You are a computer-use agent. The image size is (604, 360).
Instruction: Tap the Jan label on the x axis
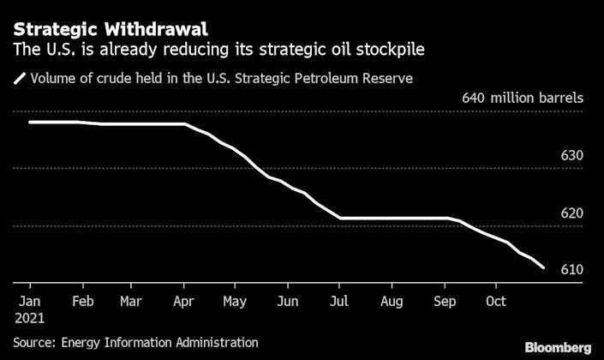tap(29, 302)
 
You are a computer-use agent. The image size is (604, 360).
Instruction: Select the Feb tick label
tap(82, 302)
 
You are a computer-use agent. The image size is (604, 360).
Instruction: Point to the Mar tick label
tap(130, 302)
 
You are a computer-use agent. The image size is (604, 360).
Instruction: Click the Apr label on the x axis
tap(183, 302)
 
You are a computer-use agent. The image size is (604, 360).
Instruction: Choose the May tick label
tap(236, 302)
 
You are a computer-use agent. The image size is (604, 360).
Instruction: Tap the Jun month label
tap(288, 302)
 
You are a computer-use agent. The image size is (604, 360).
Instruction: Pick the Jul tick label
tap(340, 302)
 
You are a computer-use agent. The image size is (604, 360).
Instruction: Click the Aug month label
tap(392, 302)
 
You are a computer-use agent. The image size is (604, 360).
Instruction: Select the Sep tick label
tap(445, 302)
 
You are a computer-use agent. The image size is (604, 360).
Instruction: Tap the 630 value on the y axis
tap(571, 156)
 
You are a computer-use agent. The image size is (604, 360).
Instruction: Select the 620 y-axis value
tap(571, 213)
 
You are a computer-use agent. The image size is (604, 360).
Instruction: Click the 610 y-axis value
tap(571, 270)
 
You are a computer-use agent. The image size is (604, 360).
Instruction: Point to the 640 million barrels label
tap(523, 98)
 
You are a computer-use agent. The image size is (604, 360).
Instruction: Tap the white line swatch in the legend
tap(19, 80)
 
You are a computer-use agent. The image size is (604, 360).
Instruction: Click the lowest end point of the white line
tap(543, 267)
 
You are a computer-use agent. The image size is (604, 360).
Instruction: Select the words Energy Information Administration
tap(160, 343)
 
